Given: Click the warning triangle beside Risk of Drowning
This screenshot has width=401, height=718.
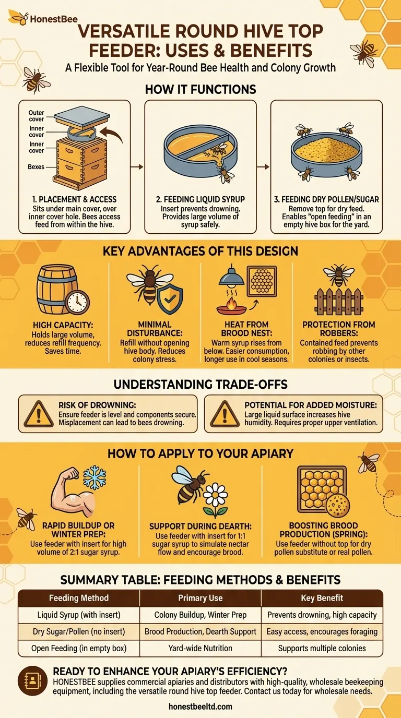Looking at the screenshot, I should (x=39, y=414).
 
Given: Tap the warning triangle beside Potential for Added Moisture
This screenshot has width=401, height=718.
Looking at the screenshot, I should (x=225, y=414).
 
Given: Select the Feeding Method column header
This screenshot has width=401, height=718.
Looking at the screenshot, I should (x=78, y=598).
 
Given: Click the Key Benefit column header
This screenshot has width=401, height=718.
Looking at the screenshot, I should (x=322, y=598).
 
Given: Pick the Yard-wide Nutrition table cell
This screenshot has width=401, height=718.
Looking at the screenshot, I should (x=200, y=648).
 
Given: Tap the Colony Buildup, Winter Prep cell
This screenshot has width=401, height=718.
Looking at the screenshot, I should (x=200, y=615).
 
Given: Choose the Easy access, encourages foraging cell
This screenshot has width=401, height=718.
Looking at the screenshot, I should (x=322, y=631).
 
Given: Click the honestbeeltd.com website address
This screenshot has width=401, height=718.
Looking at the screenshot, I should (x=200, y=707).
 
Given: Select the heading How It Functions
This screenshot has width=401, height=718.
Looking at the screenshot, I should (x=200, y=89).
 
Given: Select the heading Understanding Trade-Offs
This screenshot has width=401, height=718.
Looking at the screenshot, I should (x=200, y=385).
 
